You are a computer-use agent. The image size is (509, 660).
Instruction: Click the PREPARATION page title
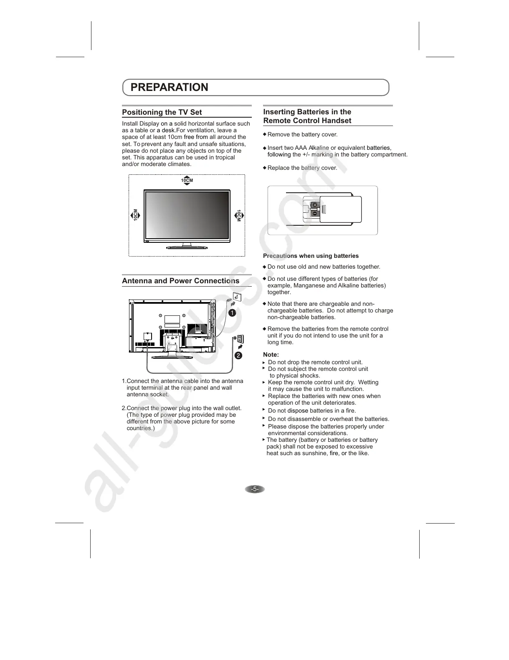[x=169, y=87]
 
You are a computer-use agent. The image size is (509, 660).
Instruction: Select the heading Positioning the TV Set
[x=162, y=112]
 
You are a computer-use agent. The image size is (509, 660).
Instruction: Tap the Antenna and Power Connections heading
[x=180, y=281]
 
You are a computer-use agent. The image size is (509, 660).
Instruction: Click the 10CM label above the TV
[x=187, y=181]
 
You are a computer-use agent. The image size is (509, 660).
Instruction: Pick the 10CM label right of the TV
[x=239, y=215]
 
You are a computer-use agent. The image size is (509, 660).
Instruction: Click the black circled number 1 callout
[x=232, y=312]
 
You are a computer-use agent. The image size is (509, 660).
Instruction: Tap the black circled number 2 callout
[x=238, y=355]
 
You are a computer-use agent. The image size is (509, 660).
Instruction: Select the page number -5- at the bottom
[x=255, y=489]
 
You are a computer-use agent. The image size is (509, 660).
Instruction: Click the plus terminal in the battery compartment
[x=314, y=205]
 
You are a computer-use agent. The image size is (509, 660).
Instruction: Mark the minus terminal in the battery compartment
[x=314, y=214]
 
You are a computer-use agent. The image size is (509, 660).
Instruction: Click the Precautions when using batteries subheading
[x=311, y=256]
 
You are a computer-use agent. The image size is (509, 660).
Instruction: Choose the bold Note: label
[x=271, y=355]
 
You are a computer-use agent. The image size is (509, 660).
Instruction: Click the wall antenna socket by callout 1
[x=236, y=297]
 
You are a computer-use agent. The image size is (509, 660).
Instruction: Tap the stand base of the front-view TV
[x=187, y=247]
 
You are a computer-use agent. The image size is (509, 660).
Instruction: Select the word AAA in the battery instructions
[x=301, y=148]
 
